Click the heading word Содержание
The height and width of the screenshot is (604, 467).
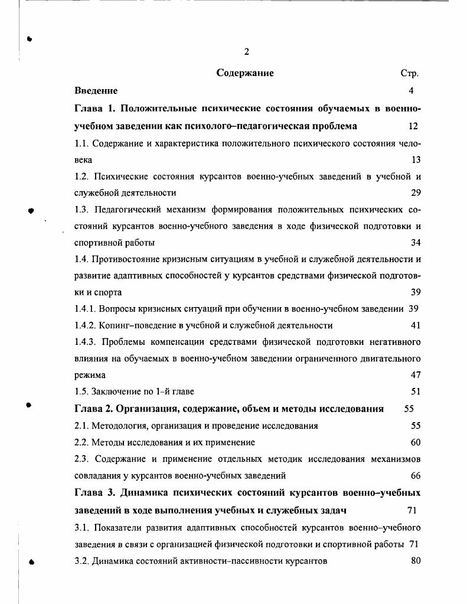point(244,74)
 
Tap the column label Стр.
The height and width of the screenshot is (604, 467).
point(409,74)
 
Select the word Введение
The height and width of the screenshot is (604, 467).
point(96,91)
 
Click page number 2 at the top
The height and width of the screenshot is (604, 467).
point(246,52)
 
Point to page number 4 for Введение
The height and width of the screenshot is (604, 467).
point(411,91)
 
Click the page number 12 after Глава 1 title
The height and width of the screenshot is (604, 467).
point(413,126)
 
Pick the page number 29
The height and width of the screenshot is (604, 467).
point(415,192)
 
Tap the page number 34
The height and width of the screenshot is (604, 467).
point(415,243)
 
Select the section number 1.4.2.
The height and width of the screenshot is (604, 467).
point(86,325)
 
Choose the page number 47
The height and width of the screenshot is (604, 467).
point(415,375)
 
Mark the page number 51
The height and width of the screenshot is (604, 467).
point(415,391)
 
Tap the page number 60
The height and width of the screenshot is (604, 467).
point(415,442)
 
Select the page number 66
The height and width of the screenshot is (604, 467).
point(415,475)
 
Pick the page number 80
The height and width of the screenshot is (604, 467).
point(415,560)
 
